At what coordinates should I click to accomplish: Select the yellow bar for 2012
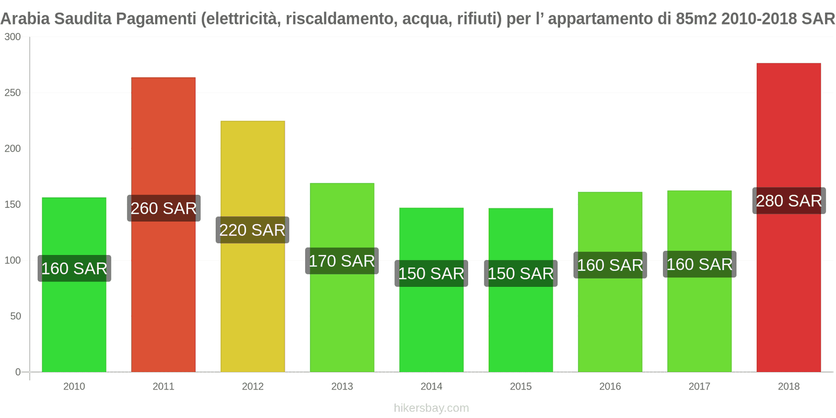coord(252,303)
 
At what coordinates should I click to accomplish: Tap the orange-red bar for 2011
coord(163,293)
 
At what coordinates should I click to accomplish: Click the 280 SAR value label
coord(788,201)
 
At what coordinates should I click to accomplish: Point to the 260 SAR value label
coord(164,208)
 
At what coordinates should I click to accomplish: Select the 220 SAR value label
coord(252,230)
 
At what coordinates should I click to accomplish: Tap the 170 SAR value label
coord(342,261)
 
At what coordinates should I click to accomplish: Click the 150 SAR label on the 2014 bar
coord(431,273)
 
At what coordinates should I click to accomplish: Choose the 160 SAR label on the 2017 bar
coord(699,264)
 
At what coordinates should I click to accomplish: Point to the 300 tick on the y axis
coord(13,37)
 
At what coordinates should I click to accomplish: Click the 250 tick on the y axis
coord(13,93)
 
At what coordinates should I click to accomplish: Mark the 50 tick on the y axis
coord(15,316)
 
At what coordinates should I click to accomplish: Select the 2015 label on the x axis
coord(520,387)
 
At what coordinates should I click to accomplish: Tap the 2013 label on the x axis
coord(342,387)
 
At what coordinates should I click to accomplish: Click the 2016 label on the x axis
coord(610,387)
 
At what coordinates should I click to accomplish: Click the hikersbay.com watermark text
coord(431,408)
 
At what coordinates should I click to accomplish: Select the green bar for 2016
coord(610,324)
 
